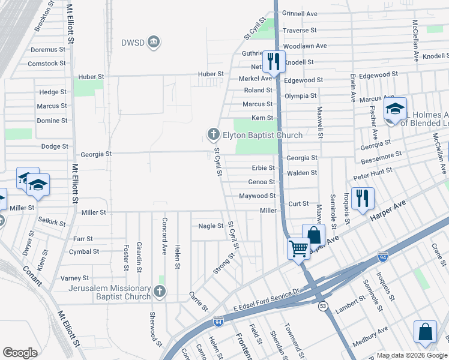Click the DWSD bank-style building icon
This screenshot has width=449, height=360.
(x=154, y=42)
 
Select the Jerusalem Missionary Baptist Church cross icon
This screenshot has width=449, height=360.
(x=159, y=292)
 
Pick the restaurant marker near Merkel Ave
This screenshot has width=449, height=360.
(x=273, y=61)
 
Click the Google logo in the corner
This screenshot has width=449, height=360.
(x=20, y=353)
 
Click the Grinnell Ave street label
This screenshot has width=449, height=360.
(x=300, y=13)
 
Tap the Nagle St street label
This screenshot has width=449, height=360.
(x=211, y=226)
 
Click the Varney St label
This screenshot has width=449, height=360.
(x=74, y=278)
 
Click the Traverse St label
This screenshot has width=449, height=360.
(x=300, y=30)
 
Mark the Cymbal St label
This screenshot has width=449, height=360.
(x=83, y=251)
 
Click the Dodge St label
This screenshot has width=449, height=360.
(x=55, y=146)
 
